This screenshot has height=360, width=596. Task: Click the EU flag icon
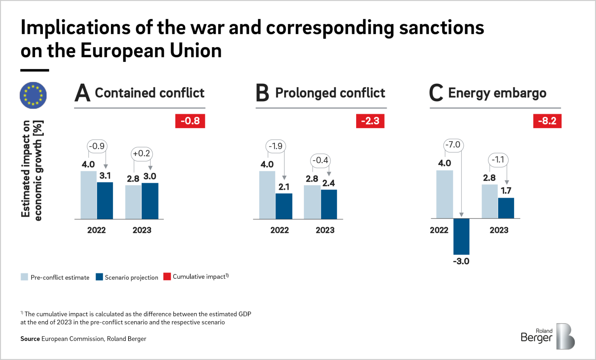point(33,95)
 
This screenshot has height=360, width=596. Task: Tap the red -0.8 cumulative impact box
point(190,121)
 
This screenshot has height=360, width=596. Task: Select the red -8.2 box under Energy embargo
point(547,121)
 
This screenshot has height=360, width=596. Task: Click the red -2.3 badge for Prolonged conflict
point(370,121)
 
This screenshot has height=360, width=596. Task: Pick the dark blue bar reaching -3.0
point(461,236)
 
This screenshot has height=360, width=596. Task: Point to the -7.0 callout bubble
point(453,145)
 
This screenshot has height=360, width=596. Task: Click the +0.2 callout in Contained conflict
point(142,153)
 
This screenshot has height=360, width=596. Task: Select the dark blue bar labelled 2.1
point(284,206)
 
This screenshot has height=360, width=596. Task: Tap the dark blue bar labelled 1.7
point(506,208)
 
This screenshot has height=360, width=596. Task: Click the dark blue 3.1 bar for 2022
point(105,200)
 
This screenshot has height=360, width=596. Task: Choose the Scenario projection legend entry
point(127,277)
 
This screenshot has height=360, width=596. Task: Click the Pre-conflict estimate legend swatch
point(25,277)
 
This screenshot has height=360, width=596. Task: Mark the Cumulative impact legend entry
point(196,277)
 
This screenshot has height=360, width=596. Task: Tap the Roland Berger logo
point(548,336)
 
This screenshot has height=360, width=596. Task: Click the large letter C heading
point(436,93)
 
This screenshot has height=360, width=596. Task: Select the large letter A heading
point(82,93)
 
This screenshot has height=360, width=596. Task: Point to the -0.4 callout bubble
point(320,160)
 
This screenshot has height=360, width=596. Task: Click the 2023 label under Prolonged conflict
point(325,230)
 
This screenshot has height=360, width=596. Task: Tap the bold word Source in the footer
point(30,339)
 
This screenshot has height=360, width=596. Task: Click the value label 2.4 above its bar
point(329,183)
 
